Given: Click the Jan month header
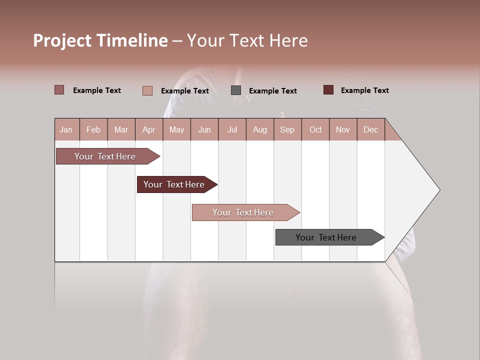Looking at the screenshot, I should point(66,129).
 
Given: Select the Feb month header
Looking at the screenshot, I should point(93,129).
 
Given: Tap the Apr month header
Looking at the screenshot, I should point(148,129).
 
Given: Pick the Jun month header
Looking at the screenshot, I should point(204,129).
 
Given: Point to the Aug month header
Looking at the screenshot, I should point(259,129).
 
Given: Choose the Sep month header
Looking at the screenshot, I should point(287,129).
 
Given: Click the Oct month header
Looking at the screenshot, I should point(315,129).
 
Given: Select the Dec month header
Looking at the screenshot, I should point(370,129).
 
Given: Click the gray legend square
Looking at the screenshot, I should point(236,90).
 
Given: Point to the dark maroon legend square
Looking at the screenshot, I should point(328,90).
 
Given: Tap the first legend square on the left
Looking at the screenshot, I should point(59,90).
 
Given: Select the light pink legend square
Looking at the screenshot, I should point(147,90).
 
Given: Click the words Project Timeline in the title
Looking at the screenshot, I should point(100,40).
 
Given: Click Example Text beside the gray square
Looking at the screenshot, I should point(272,91).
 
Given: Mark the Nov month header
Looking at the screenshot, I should point(343,129).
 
